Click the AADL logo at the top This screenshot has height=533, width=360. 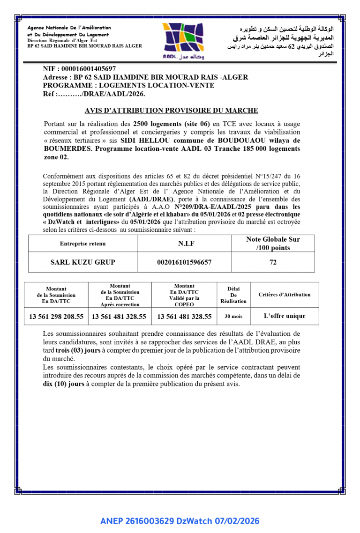(x=183, y=41)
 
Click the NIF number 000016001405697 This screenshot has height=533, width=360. (x=89, y=69)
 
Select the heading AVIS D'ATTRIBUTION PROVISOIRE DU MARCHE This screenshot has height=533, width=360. (x=171, y=111)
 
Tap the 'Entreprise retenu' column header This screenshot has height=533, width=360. (x=82, y=244)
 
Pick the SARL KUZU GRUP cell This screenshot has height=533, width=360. (x=82, y=262)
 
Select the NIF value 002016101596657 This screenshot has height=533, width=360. (x=184, y=262)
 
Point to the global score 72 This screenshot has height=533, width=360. (x=273, y=262)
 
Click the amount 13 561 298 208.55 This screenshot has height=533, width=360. (x=56, y=317)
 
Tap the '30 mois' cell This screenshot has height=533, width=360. (x=233, y=317)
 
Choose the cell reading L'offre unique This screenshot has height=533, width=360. (x=285, y=316)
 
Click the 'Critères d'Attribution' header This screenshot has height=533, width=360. (x=285, y=295)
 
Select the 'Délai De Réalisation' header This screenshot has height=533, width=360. (x=233, y=295)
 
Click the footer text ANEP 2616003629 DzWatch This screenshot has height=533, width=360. (x=180, y=521)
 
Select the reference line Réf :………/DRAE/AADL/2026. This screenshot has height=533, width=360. (x=94, y=94)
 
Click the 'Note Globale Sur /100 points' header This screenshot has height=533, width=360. (x=273, y=243)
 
